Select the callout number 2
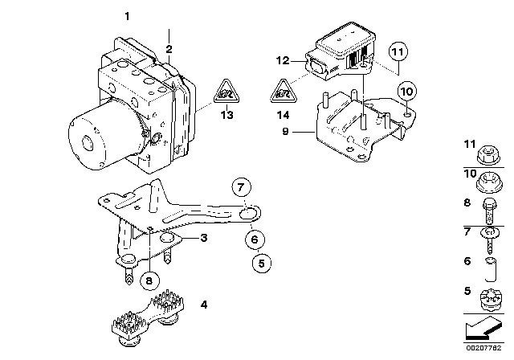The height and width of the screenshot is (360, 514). pyautogui.click(x=169, y=48)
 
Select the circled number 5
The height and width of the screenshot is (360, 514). pyautogui.click(x=259, y=261)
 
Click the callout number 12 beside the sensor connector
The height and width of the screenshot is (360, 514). pyautogui.click(x=280, y=60)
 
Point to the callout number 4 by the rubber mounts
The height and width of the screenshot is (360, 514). pyautogui.click(x=203, y=305)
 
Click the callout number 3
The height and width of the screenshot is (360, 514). pyautogui.click(x=204, y=239)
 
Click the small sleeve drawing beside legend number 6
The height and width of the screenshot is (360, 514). pyautogui.click(x=489, y=264)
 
